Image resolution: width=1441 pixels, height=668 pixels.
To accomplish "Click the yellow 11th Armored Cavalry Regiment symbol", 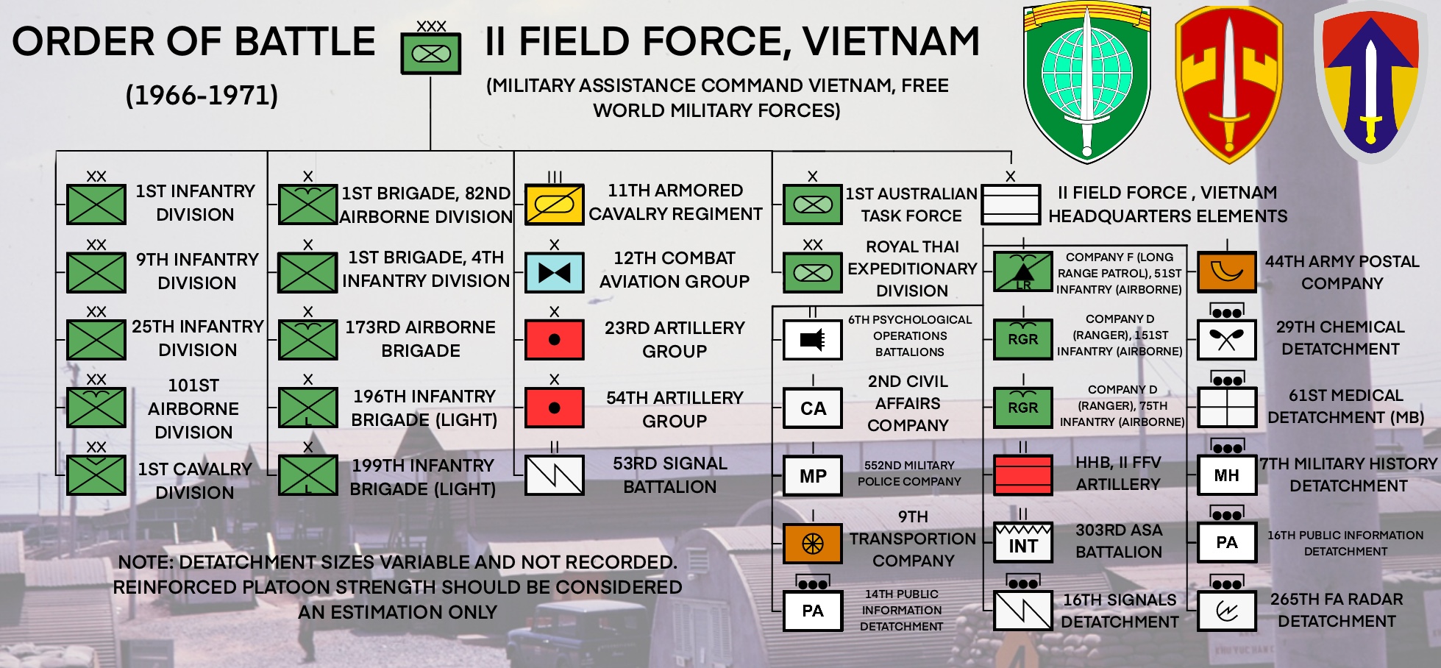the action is [x=554, y=205].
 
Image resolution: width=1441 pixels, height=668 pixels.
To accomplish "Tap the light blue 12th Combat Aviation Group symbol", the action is [x=554, y=273].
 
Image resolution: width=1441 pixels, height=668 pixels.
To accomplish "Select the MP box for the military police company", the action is [x=813, y=476].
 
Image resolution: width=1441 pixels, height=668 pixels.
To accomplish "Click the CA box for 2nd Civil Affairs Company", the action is [x=813, y=408].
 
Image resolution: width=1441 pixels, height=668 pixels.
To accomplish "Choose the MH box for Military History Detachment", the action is [x=1227, y=475].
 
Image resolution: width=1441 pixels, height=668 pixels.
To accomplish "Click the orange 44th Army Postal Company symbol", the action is [x=1227, y=272].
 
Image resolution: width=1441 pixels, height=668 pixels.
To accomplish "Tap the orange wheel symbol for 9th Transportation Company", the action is [x=813, y=544].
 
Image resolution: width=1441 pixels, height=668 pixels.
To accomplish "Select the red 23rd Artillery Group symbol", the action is [x=554, y=339].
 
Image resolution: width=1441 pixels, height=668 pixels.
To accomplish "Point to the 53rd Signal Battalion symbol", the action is [x=554, y=475].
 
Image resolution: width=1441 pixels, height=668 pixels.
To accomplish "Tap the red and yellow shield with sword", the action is [x=1229, y=84].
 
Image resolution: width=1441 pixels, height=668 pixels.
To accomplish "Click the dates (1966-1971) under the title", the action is [x=202, y=96].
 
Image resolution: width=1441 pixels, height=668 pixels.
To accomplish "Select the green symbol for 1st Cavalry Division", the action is [x=96, y=475].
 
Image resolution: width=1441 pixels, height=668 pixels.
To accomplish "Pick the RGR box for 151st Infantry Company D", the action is [x=1022, y=339].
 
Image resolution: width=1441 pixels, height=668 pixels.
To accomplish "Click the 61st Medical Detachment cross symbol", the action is [x=1227, y=407].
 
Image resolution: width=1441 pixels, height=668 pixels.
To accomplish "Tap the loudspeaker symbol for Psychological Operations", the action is [x=813, y=339].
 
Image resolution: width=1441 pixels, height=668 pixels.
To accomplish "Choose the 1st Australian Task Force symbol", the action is [x=813, y=205].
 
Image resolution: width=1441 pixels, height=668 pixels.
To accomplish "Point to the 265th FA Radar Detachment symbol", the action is [x=1227, y=611].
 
